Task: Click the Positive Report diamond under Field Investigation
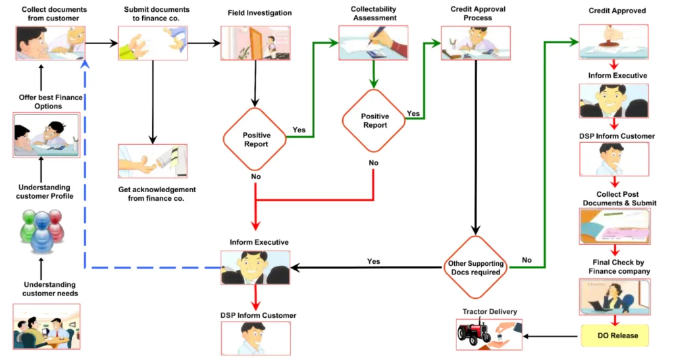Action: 256,140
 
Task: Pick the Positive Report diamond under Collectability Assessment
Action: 374,121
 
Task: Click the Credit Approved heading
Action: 617,11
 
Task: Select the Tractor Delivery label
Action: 490,312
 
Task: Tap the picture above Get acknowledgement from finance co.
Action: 152,161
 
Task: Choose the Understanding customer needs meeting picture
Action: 47,326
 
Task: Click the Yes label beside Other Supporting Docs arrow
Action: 373,261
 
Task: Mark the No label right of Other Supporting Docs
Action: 527,261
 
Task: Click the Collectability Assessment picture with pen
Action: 373,43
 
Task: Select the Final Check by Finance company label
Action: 616,267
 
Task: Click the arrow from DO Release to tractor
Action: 552,336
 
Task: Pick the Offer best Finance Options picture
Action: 47,135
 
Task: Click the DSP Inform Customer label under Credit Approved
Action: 616,136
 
